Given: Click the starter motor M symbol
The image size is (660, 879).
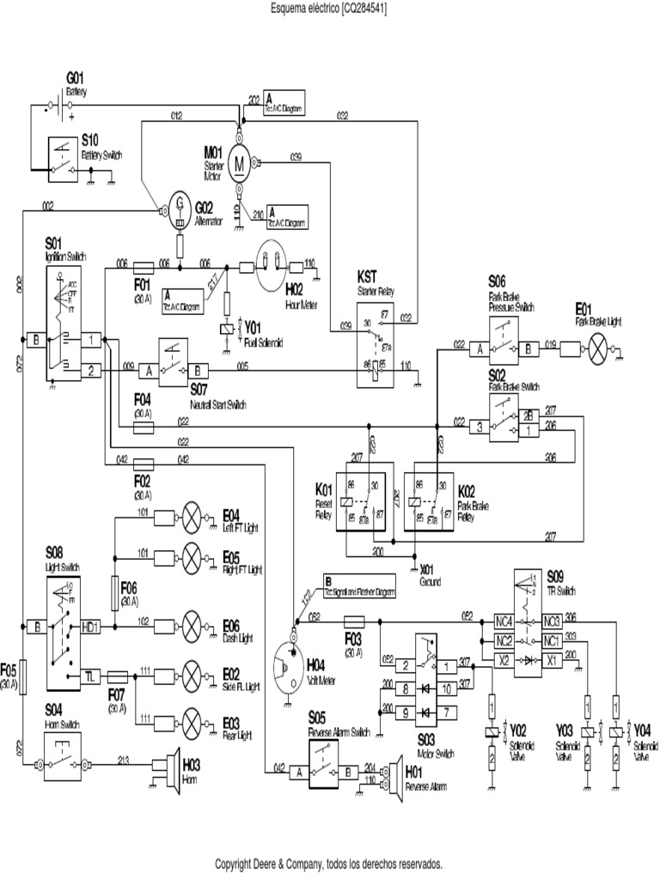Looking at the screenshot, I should coord(241,164).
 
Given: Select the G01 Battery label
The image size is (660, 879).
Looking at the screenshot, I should coord(76,84).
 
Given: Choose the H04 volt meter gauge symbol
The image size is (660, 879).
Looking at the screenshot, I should coord(290,668).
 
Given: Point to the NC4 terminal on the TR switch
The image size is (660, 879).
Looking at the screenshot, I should coord(505,621).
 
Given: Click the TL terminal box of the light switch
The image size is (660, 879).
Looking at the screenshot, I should coord(90,676).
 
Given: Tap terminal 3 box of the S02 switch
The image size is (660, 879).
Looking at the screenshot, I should coord(478,423).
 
